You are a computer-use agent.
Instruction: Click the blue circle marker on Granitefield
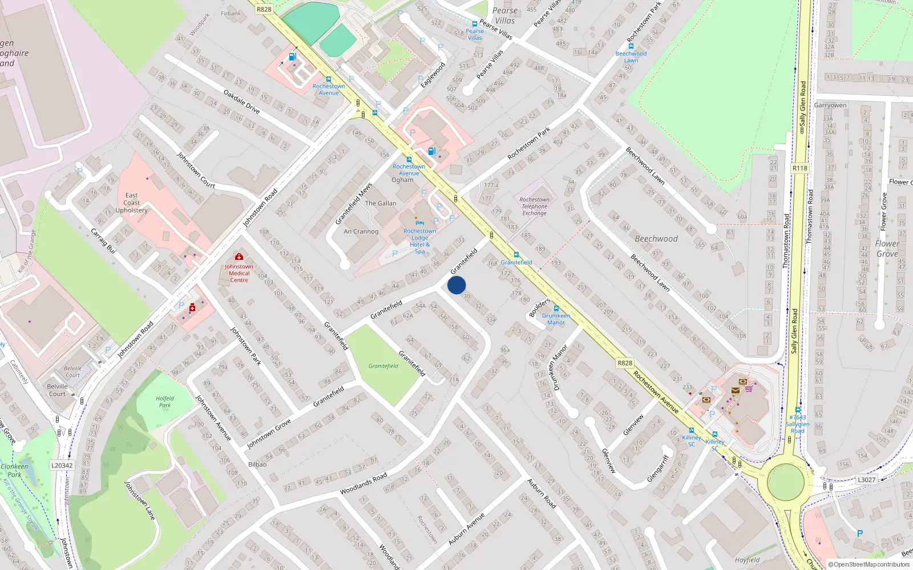[x=457, y=285]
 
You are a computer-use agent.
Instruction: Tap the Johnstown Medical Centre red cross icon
[x=239, y=257]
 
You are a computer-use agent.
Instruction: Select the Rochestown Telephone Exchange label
[x=534, y=206]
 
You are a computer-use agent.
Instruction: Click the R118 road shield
[x=800, y=168]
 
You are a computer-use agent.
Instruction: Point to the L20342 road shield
[x=62, y=465]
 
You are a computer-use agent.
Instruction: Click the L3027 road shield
[x=866, y=480]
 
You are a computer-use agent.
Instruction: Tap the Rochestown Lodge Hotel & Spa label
[x=420, y=241]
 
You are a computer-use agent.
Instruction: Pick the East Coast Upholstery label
[x=131, y=203]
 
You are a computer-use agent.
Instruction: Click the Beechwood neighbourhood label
[x=656, y=239]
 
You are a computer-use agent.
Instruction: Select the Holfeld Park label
[x=164, y=402]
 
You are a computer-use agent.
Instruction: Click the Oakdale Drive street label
[x=241, y=101]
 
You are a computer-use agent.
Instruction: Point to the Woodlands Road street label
[x=363, y=483]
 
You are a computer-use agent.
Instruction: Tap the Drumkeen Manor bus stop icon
[x=556, y=308]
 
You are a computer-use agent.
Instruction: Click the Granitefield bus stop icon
[x=516, y=255]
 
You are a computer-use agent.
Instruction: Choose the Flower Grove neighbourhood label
[x=887, y=249]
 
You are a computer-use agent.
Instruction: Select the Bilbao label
[x=257, y=465]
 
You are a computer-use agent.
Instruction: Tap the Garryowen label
[x=830, y=105]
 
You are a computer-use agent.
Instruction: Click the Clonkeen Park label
[x=14, y=470]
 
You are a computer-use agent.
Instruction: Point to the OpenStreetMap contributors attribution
[x=869, y=565]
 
